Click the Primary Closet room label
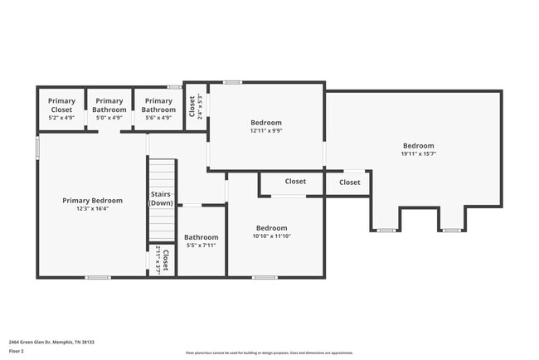pyautogui.click(x=61, y=105)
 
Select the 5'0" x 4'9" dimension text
pyautogui.click(x=109, y=118)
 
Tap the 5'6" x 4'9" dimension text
pyautogui.click(x=158, y=118)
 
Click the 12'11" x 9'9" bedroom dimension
pyautogui.click(x=266, y=131)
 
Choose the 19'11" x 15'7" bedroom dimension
pyautogui.click(x=419, y=153)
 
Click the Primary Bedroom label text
pyautogui.click(x=93, y=200)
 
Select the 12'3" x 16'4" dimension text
pyautogui.click(x=93, y=209)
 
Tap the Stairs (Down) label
pyautogui.click(x=161, y=198)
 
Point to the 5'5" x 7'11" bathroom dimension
pyautogui.click(x=201, y=246)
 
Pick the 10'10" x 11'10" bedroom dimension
pyautogui.click(x=271, y=236)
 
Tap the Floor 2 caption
pyautogui.click(x=17, y=351)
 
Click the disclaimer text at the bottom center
pyautogui.click(x=269, y=352)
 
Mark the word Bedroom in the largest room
pyautogui.click(x=419, y=145)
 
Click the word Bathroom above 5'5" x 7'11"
pyautogui.click(x=201, y=237)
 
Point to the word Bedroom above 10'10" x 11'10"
pyautogui.click(x=271, y=228)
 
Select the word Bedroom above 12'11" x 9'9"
pyautogui.click(x=266, y=123)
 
